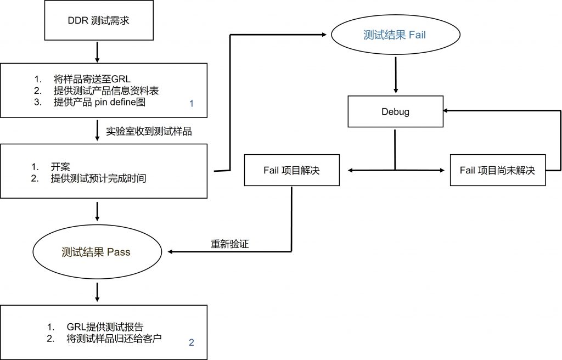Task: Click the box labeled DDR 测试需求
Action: pos(99,20)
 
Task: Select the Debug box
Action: pos(395,111)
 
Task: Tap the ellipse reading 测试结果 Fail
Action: pos(395,35)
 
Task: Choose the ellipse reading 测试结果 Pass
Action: pos(97,252)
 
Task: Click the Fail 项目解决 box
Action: pos(292,170)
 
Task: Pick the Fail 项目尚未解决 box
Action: pos(497,170)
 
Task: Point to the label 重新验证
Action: pos(229,244)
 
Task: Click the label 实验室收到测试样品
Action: pos(149,131)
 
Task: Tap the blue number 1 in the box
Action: pos(192,104)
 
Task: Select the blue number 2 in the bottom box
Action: pos(192,342)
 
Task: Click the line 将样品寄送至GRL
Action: pos(92,79)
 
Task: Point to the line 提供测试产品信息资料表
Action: pos(106,91)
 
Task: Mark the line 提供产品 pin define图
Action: pos(100,102)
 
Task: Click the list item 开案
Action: pos(60,166)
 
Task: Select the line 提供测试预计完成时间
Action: pos(98,178)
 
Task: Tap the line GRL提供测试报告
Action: pos(105,327)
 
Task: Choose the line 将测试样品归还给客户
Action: pos(114,338)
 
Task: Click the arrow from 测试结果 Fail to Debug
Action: pos(396,75)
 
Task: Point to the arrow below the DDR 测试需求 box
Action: pos(97,52)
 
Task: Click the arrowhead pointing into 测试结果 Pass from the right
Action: pos(170,252)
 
